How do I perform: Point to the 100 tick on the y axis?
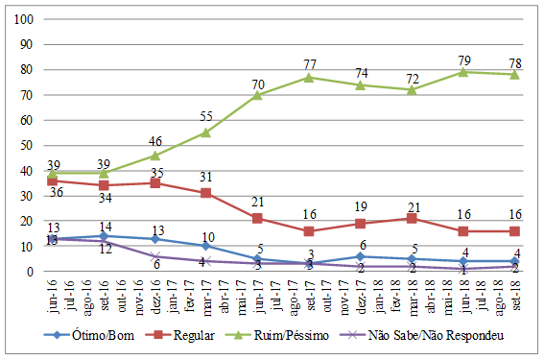click(27, 19)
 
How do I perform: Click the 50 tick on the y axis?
click(30, 146)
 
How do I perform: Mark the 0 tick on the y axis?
click(33, 272)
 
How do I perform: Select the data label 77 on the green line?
click(310, 64)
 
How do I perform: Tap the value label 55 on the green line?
click(206, 116)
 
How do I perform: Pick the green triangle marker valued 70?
click(258, 95)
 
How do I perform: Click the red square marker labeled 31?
click(206, 193)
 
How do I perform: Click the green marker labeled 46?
click(154, 156)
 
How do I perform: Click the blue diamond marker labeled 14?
click(103, 236)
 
